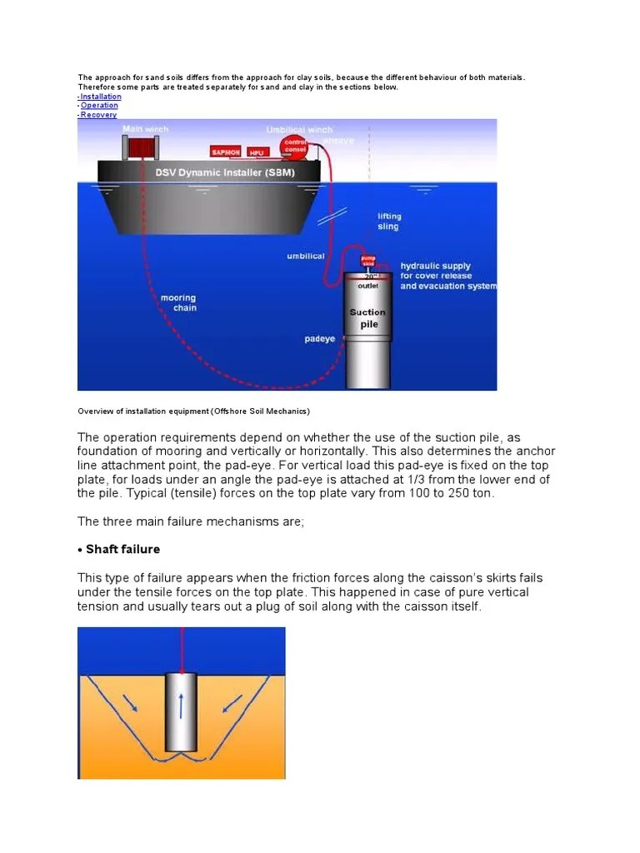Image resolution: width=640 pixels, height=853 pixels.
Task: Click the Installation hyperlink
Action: tap(101, 97)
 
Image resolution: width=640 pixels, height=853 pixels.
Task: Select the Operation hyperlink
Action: tap(99, 106)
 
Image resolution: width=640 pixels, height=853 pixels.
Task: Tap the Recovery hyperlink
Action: tap(98, 115)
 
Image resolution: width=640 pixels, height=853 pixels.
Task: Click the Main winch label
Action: tap(145, 129)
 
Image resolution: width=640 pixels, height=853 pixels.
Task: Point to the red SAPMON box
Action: tap(226, 152)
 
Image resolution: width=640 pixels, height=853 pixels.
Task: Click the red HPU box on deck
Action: tap(257, 152)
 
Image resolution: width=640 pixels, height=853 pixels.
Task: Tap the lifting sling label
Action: tap(388, 222)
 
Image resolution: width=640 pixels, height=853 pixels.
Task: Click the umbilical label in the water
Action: tap(306, 257)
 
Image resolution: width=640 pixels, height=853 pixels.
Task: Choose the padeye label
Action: tap(320, 339)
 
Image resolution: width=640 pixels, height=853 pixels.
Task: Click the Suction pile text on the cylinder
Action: tap(367, 318)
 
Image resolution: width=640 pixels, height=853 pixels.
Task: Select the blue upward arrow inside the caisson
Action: tap(180, 705)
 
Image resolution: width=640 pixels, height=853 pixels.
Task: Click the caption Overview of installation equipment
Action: tap(193, 412)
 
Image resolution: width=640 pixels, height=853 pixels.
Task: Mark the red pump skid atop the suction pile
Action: tap(368, 261)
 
